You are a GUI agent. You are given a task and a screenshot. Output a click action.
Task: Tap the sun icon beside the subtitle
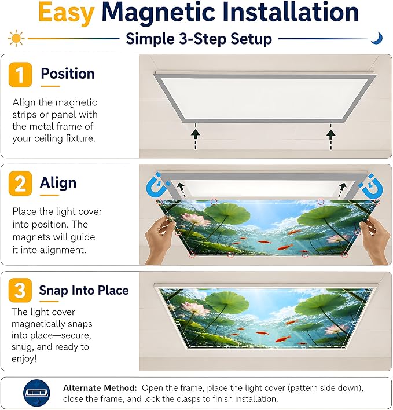[x=16, y=39]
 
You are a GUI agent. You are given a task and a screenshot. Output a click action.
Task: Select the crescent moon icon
[x=377, y=38]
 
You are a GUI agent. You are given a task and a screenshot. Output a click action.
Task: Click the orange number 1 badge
[x=20, y=75]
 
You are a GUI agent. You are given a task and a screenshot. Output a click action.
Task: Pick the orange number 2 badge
[x=20, y=184]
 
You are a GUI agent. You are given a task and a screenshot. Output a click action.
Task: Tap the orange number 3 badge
[x=20, y=290]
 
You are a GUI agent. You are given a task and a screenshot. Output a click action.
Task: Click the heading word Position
[x=68, y=74]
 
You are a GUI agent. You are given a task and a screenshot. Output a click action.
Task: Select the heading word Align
[x=58, y=183]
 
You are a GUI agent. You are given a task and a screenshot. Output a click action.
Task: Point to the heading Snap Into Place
[x=84, y=290]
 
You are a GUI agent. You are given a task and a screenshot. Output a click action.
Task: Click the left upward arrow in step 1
[x=196, y=136]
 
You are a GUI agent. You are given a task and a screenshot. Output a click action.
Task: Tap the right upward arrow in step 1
[x=331, y=136]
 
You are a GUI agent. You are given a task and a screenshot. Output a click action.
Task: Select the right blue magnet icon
[x=371, y=186]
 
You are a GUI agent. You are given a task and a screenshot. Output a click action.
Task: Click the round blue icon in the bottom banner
[x=36, y=393]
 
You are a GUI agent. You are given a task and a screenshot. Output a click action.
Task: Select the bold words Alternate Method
[x=100, y=388]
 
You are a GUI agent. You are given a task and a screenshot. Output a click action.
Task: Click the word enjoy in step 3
[x=23, y=359]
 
